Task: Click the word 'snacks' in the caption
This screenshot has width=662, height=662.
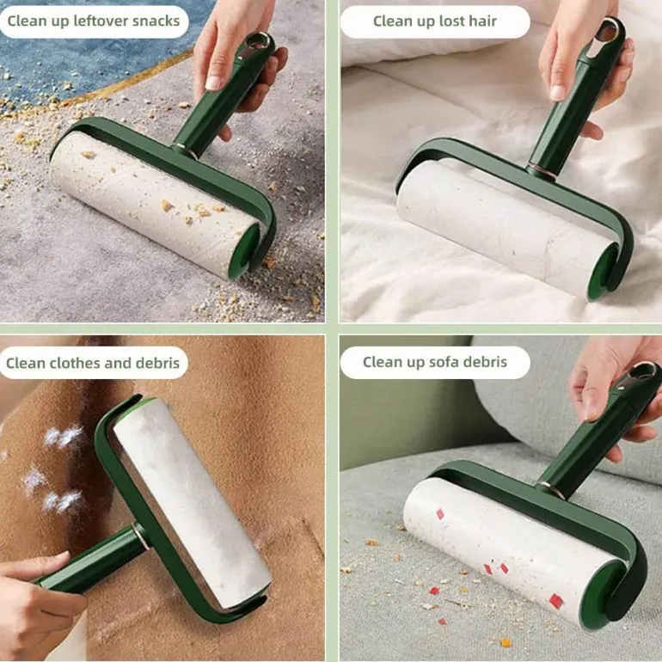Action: (156, 21)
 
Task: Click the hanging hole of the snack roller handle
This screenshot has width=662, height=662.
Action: (254, 42)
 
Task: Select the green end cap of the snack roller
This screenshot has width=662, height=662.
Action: (248, 249)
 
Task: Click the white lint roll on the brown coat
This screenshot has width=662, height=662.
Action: (192, 498)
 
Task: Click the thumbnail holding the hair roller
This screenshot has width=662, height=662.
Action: (558, 93)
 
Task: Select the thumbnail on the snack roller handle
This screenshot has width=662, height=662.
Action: (213, 83)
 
